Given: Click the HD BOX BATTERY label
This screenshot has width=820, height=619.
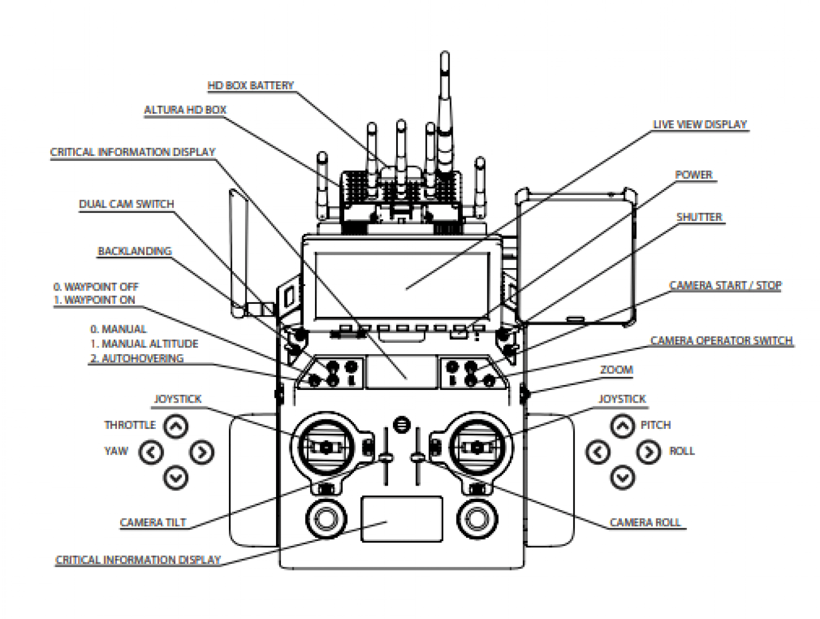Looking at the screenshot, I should coord(250,85).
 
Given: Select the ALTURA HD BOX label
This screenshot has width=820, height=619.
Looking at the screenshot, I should coord(185,110).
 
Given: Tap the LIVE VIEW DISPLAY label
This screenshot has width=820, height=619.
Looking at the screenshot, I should coord(700,124).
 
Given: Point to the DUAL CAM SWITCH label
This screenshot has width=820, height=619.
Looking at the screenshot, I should coord(127,204).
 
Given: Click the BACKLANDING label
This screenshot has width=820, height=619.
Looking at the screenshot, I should coord(135,251).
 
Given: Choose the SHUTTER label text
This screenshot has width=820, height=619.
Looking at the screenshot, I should coord(699,217).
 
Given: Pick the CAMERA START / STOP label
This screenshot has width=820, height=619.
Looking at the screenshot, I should coord(725,285).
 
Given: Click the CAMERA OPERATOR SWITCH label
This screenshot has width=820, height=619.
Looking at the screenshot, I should coord(721,341).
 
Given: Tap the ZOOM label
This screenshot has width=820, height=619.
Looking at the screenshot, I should coord(617,370).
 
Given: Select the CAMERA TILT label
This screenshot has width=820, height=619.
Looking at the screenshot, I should coord(153,522).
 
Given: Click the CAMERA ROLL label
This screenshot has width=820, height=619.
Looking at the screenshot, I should coord(645,522).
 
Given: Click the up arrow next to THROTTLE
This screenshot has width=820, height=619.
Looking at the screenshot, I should coord(176,426).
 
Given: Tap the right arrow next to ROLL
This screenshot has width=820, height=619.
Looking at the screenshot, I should coord(648,452).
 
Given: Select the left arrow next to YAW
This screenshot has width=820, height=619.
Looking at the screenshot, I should coord(151,452).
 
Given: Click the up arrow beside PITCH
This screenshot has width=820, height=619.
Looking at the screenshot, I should coord(622,426).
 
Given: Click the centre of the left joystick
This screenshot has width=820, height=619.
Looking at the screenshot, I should coord(326,446).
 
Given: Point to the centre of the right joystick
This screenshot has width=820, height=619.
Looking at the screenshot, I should coord(477,446).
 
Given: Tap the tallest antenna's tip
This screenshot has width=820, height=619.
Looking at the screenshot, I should coord(444,54).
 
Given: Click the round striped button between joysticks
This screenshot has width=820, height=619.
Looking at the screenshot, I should coord(401,425).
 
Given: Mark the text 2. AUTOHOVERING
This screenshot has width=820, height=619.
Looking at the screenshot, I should coord(137,358).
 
